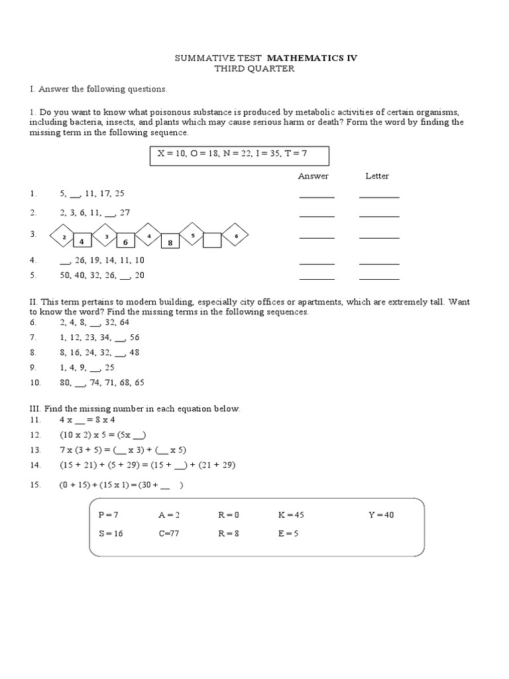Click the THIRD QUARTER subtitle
[x=254, y=68]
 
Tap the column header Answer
[x=313, y=176]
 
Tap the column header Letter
[x=377, y=176]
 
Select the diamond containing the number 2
[x=64, y=236]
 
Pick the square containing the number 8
[x=170, y=243]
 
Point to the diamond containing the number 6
[x=236, y=235]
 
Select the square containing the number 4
[x=82, y=242]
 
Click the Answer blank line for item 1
[x=317, y=196]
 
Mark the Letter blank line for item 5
[x=379, y=278]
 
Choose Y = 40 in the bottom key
[x=381, y=515]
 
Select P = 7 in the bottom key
[x=108, y=515]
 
